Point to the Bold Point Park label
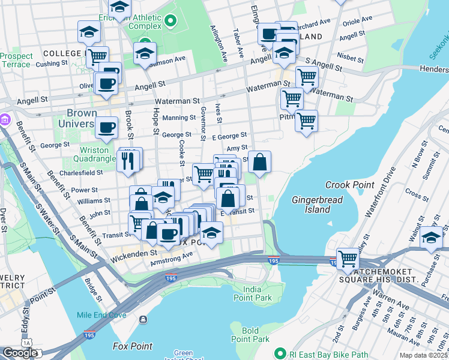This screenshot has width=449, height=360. pos(250,335)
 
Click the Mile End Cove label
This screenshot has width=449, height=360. pos(101,316)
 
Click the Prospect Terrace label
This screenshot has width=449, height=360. pos(16,60)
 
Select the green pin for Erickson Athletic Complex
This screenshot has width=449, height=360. pos(170,22)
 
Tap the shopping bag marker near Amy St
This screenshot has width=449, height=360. pos(259,162)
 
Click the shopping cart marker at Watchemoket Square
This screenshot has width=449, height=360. pos(348,259)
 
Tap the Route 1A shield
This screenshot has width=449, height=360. pos(26,342)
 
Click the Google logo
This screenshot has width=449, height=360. pos(19,353)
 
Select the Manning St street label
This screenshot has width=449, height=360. pos(179,118)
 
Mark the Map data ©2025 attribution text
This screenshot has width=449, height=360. pos(423,355)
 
